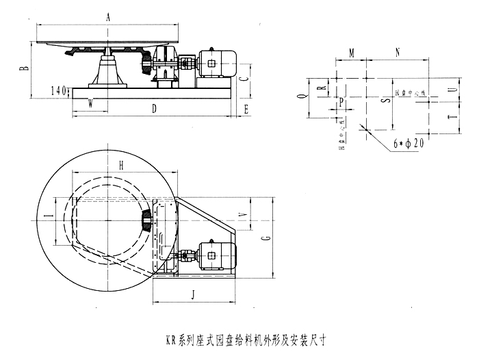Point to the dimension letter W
tap(90, 103)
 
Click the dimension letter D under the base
tap(154, 108)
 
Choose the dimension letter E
tap(246, 108)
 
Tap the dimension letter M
tap(351, 52)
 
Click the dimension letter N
tap(397, 52)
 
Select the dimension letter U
tap(450, 90)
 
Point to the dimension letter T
tap(450, 118)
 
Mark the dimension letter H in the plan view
tap(120, 165)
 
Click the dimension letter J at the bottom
tap(193, 295)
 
